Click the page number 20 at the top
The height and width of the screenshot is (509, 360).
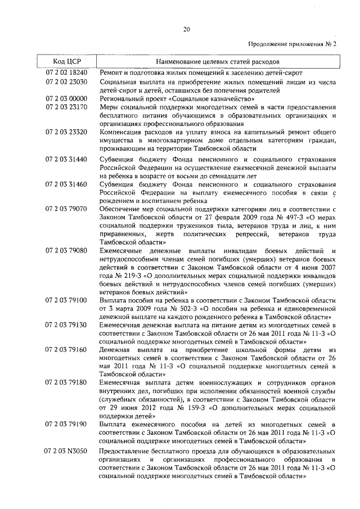point(186,30)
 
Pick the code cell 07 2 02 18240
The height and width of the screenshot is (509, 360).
point(66,73)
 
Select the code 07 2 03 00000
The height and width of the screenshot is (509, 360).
point(66,98)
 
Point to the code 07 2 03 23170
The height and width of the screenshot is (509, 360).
point(66,107)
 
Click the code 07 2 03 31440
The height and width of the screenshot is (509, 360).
point(66,160)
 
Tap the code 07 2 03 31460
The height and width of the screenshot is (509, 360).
point(66,184)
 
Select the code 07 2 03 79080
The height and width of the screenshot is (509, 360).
point(66,250)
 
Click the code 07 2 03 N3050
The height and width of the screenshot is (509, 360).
point(66,451)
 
